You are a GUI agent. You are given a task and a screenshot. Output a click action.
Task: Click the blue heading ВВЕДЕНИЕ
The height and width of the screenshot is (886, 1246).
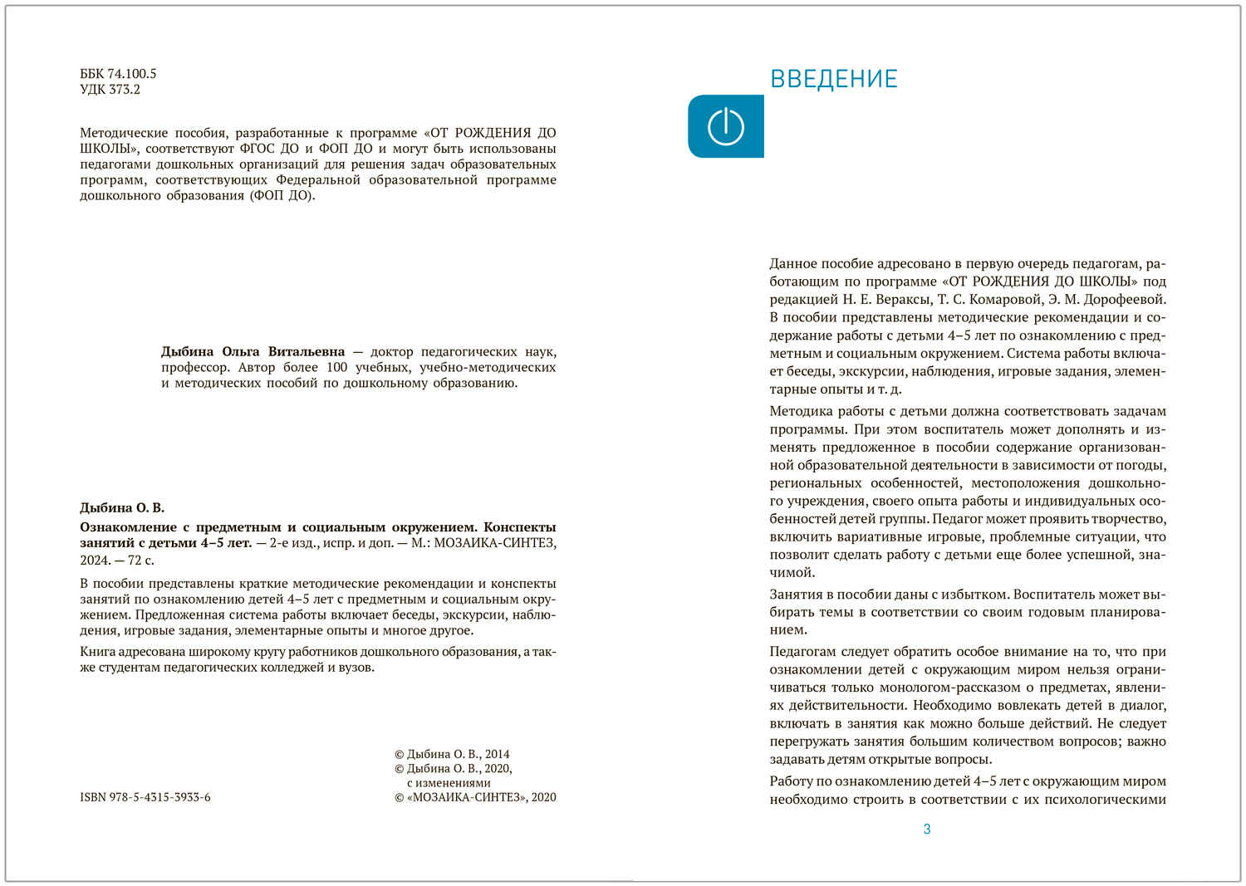833,79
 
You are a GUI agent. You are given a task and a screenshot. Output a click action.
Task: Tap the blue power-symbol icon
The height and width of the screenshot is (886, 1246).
725,127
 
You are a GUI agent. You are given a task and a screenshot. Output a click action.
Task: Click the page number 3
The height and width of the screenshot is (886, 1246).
927,829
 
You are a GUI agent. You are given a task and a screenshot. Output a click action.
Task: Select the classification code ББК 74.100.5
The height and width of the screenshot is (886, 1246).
118,74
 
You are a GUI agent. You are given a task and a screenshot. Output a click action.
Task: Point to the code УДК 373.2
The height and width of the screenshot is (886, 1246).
110,90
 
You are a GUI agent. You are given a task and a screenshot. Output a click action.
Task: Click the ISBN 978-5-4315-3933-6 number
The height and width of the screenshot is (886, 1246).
145,797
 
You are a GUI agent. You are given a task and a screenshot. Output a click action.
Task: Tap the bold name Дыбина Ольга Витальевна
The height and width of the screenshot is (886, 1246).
253,352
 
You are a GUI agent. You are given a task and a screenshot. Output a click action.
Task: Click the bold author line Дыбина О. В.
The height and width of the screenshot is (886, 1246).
122,507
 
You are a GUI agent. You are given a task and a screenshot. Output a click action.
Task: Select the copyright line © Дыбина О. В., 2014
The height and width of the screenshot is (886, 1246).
452,754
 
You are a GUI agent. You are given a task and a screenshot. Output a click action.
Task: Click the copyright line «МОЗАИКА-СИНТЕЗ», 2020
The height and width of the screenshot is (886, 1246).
475,797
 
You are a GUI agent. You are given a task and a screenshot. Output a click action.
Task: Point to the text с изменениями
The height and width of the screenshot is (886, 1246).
449,783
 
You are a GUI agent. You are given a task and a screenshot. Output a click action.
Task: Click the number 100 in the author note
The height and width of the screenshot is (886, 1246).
336,368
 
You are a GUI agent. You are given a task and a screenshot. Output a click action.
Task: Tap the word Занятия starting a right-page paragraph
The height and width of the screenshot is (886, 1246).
796,595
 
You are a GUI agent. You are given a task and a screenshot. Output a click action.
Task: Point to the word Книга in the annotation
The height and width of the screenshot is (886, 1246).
97,652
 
